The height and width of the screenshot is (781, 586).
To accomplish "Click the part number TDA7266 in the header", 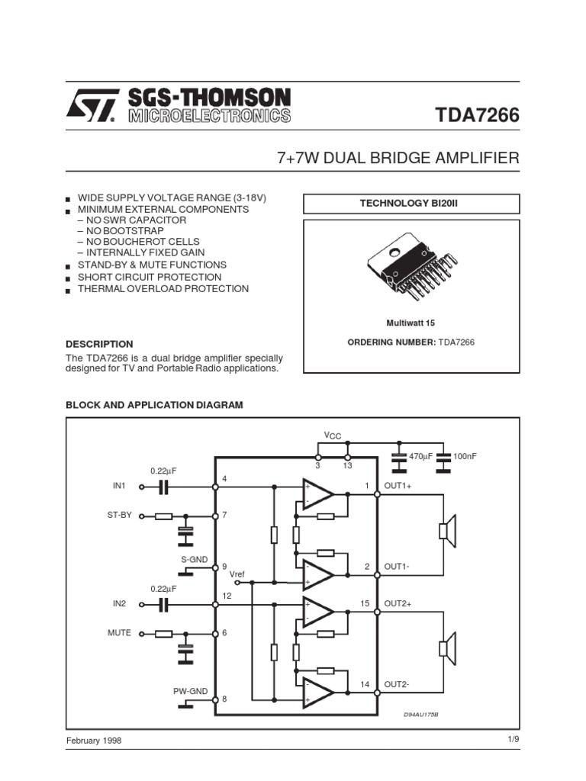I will click(477, 115).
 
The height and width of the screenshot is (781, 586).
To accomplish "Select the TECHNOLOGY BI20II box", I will click(411, 203).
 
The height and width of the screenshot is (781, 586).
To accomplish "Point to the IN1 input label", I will click(119, 485).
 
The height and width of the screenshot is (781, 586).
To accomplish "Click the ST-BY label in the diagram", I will click(120, 515).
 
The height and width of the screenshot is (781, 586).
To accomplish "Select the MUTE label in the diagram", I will click(120, 632).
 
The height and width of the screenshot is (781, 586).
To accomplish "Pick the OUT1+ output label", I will click(398, 485).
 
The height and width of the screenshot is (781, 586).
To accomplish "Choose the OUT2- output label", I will click(397, 684).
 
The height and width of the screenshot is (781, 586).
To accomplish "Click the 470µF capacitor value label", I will click(420, 455).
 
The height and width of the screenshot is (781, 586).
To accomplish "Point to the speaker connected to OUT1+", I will click(447, 531).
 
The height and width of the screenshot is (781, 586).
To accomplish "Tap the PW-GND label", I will click(190, 691).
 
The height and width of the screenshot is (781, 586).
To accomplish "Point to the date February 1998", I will click(94, 741).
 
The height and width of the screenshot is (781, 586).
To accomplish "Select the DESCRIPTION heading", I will click(99, 344).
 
